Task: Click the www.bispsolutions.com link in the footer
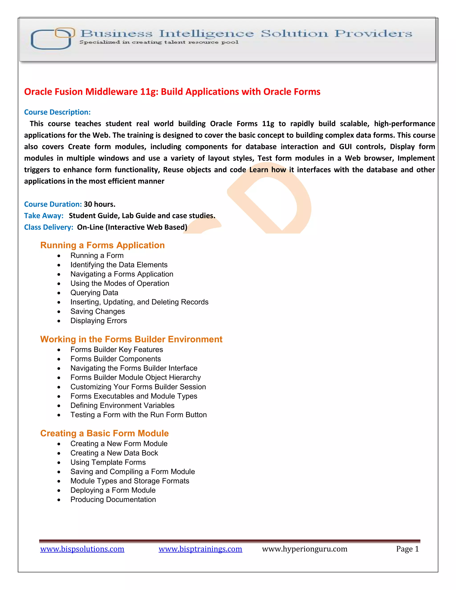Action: tap(82, 549)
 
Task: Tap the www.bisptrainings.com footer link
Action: tap(200, 549)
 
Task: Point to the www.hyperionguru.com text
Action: tap(304, 549)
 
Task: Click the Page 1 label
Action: tap(407, 549)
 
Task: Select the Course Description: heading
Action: tap(57, 112)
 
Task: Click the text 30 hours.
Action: tap(99, 204)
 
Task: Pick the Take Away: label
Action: tap(44, 216)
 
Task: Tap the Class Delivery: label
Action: tap(49, 227)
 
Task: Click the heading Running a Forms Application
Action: tap(102, 245)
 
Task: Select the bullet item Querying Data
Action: tap(94, 293)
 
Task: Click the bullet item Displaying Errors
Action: tap(99, 321)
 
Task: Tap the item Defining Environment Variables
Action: tap(122, 405)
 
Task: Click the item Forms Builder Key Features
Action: tap(117, 350)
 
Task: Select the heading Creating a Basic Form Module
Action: tap(104, 433)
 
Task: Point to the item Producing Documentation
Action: tap(113, 500)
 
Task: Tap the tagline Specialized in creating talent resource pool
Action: tap(159, 42)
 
